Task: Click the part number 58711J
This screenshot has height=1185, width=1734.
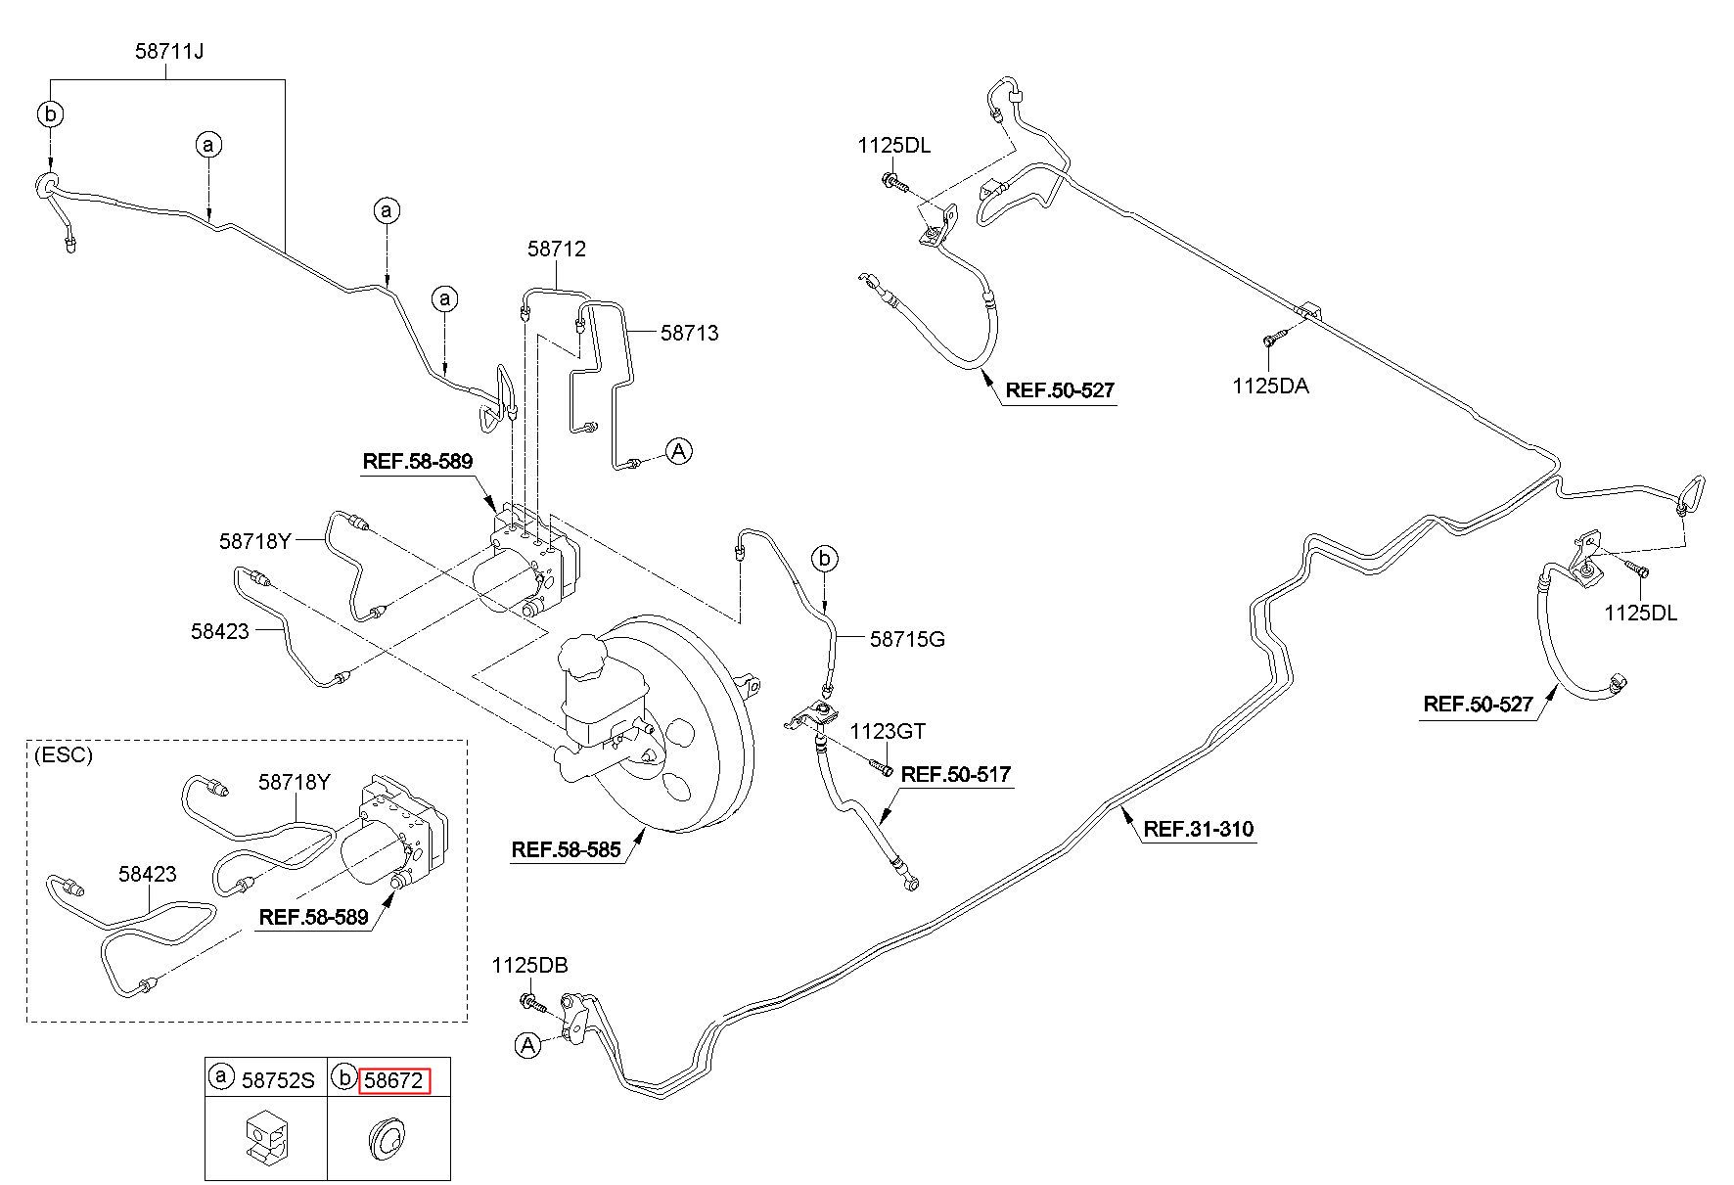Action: (x=169, y=51)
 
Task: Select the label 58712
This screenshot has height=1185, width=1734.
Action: (x=557, y=249)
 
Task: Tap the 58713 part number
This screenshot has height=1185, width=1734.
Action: (x=689, y=333)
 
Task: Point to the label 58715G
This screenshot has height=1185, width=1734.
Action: (x=907, y=640)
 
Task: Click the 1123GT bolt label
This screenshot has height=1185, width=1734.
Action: (x=887, y=731)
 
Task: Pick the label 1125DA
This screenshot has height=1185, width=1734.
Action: (x=1270, y=386)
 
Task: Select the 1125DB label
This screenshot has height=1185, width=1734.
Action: (x=529, y=966)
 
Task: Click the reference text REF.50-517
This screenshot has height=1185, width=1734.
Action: (x=955, y=774)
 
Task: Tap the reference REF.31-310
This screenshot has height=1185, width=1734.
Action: (x=1198, y=830)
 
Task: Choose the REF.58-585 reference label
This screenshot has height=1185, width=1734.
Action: (x=566, y=849)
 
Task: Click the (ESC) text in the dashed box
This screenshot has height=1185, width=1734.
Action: (x=63, y=755)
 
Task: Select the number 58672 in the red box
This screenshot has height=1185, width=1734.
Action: (x=392, y=1080)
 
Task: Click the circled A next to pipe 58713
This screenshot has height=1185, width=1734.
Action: (x=679, y=451)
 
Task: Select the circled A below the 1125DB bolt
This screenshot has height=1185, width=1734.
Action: (x=528, y=1045)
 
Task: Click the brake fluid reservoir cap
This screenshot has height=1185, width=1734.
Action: (x=584, y=655)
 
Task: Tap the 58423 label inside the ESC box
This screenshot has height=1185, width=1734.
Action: (x=148, y=874)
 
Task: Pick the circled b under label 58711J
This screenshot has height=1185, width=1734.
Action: (x=50, y=114)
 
